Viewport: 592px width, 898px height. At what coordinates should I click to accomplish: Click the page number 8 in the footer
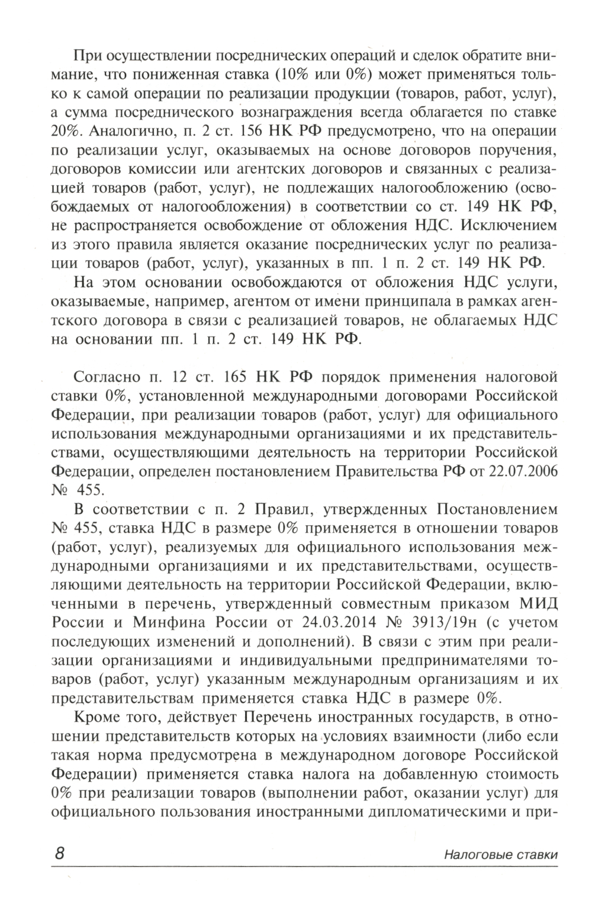pyautogui.click(x=59, y=854)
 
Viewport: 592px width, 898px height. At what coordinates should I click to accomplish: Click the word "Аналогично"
pyautogui.click(x=118, y=131)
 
